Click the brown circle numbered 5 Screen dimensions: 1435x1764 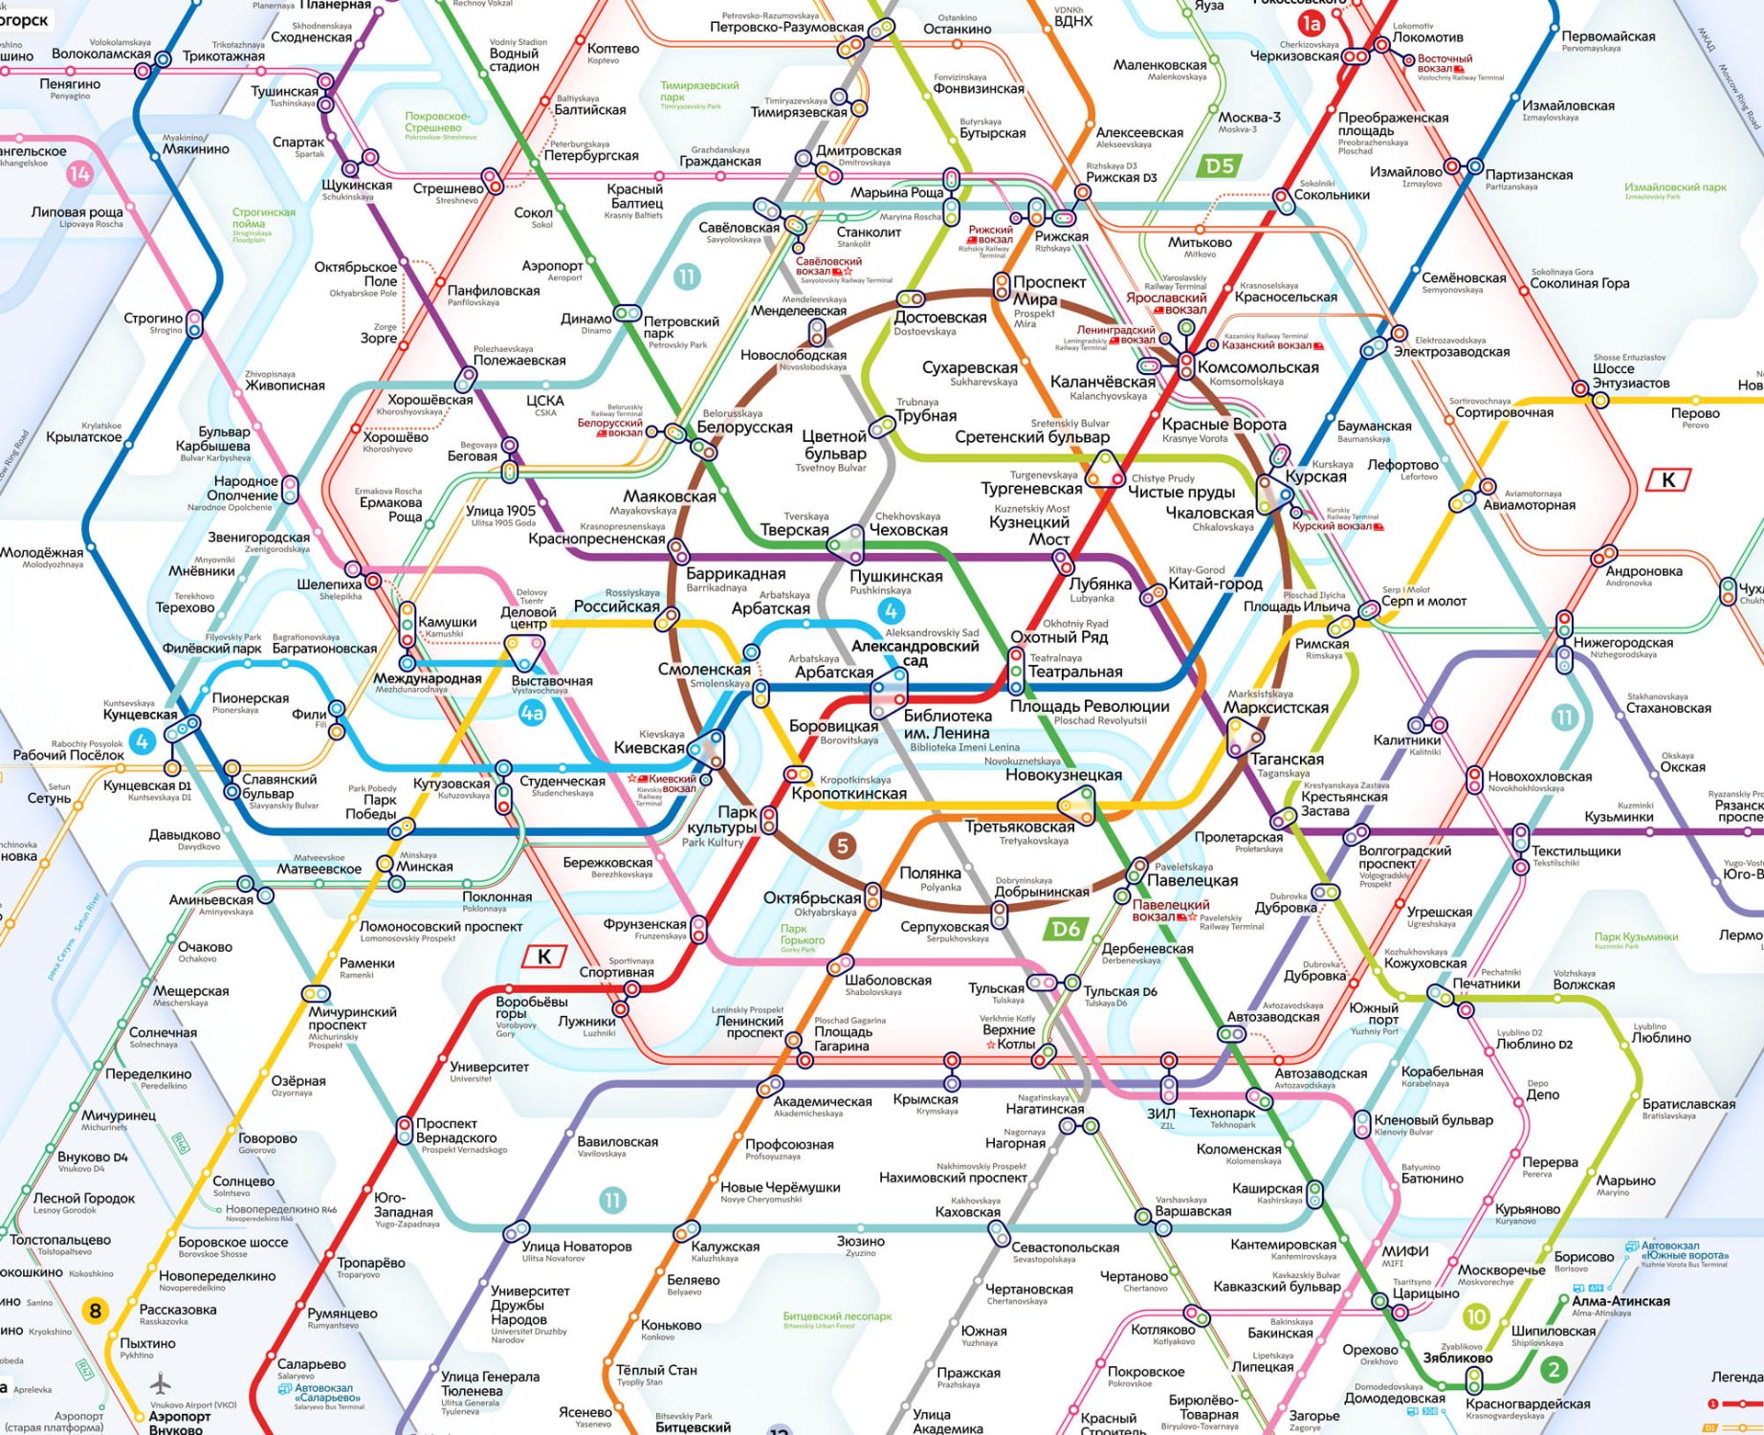click(842, 846)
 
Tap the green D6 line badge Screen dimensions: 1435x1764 click(1066, 929)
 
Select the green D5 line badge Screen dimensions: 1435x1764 click(1219, 166)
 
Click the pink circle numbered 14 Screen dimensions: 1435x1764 click(79, 173)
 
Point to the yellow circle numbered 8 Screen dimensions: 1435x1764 click(95, 1311)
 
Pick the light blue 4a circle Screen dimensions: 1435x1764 click(532, 713)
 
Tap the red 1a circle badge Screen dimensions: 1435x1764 click(1310, 23)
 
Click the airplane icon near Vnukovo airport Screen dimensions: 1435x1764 click(161, 1383)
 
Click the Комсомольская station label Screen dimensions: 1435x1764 click(1258, 367)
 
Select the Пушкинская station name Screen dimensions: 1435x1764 click(896, 576)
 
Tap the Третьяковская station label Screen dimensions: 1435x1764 click(1019, 827)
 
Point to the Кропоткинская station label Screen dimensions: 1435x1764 click(849, 793)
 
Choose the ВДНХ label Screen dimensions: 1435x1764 click(1072, 21)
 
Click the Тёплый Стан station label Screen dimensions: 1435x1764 click(656, 1370)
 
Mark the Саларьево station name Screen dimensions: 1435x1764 click(311, 1364)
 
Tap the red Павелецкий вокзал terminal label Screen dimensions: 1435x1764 click(1171, 911)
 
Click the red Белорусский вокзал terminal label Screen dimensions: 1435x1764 click(609, 428)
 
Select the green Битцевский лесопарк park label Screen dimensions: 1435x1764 click(837, 1316)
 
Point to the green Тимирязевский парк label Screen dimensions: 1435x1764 click(699, 91)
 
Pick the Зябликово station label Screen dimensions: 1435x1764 click(1457, 1358)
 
